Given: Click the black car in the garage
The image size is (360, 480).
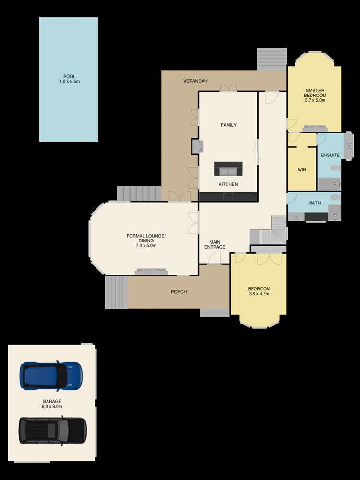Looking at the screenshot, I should [x=52, y=430].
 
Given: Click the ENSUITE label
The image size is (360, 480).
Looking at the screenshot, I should [x=330, y=156].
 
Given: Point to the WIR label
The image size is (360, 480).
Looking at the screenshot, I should [x=302, y=170].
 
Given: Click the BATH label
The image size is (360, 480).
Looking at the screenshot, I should [x=314, y=203].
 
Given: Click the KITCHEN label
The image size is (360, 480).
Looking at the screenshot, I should [x=228, y=184].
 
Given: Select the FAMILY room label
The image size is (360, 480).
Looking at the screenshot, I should [x=228, y=125].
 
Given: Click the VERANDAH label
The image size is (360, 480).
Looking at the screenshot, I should [x=195, y=81].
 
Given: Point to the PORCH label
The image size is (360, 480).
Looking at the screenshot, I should [x=179, y=292].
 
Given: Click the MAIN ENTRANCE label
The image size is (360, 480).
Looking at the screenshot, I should [x=215, y=244].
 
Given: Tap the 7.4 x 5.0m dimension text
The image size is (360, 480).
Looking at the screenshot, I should [x=146, y=245].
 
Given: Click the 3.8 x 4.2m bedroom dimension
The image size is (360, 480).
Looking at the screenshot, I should [x=259, y=294].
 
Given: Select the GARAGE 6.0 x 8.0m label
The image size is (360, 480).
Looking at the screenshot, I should [x=52, y=403].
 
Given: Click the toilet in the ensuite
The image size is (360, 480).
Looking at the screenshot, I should [x=336, y=168].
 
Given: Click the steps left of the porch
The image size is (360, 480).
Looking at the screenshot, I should [x=116, y=292].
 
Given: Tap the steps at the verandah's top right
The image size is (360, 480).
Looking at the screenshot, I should [x=272, y=60].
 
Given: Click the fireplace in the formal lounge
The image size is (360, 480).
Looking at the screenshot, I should [x=152, y=271].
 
